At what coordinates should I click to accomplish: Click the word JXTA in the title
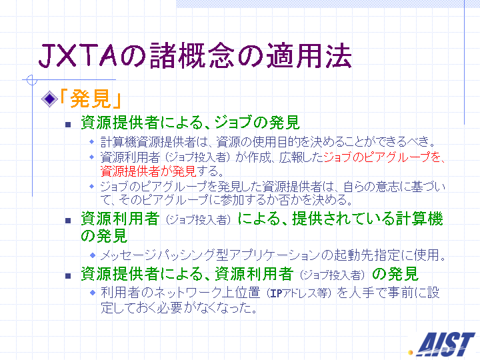tap(78, 55)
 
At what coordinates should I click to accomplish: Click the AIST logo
tap(446, 344)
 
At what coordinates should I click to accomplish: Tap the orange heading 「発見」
tap(90, 99)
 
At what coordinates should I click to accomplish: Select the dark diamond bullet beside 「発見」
tap(49, 99)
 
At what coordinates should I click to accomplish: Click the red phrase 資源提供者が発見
tap(148, 171)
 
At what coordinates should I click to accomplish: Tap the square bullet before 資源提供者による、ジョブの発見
tap(68, 125)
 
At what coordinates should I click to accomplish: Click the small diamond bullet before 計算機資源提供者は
tap(92, 141)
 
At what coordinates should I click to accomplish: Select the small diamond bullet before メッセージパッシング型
tap(93, 255)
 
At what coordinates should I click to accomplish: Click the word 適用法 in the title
tap(309, 55)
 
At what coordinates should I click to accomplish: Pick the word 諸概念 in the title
tap(192, 55)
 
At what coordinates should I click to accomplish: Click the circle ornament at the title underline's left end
tap(31, 80)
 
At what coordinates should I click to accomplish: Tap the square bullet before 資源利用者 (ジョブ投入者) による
tap(68, 221)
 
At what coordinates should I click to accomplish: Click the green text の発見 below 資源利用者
tap(104, 236)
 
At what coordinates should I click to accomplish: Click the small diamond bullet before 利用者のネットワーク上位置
tap(93, 293)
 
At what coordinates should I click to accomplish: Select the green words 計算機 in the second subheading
tap(419, 219)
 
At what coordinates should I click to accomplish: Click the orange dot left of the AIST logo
tap(411, 353)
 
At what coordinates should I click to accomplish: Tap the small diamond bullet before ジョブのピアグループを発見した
tap(92, 186)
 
